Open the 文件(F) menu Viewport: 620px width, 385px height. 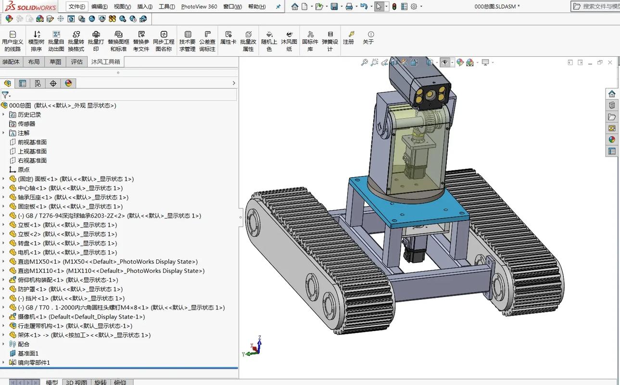pos(76,7)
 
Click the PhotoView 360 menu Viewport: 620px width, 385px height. pos(199,7)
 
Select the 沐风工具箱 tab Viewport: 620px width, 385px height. pos(105,62)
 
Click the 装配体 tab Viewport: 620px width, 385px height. pos(11,62)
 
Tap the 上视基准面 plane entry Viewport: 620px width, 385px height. pos(32,151)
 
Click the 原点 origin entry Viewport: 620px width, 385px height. pos(24,169)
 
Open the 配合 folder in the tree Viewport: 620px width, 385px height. pos(24,344)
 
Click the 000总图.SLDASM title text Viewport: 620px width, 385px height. pos(497,7)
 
